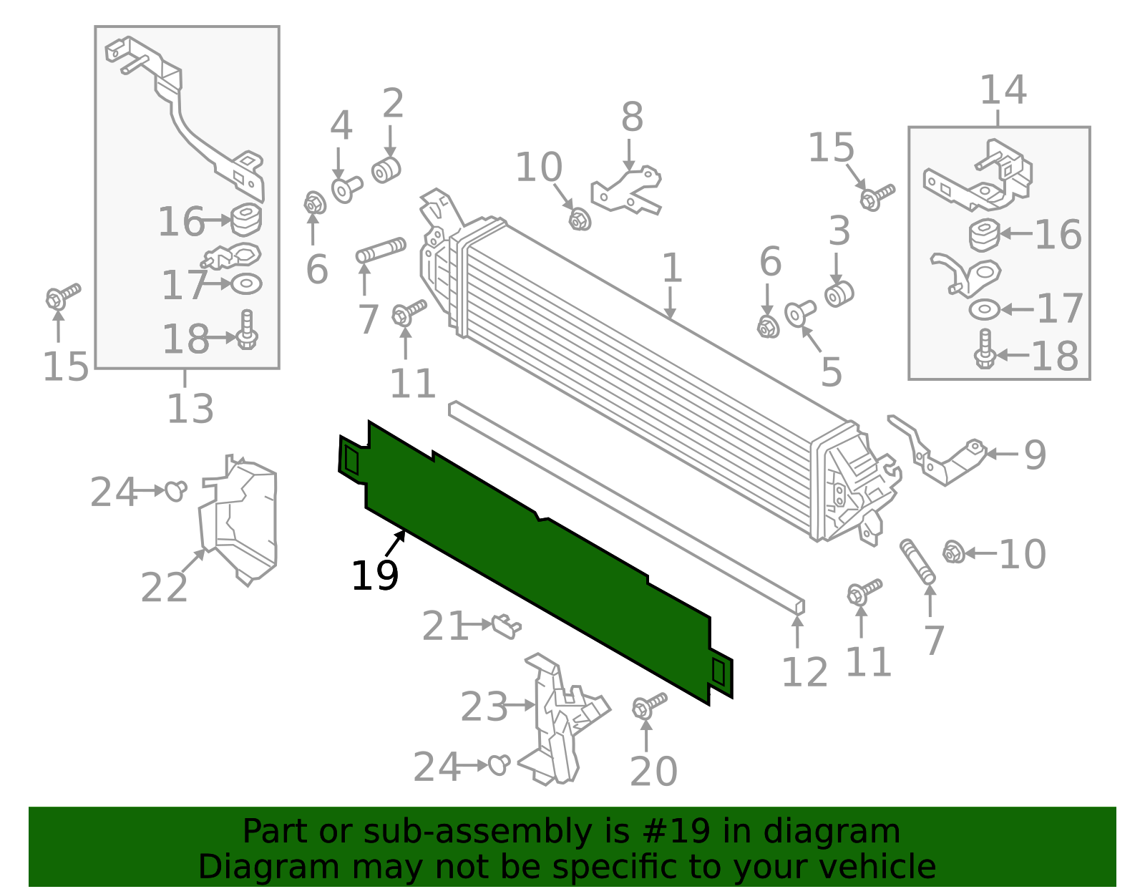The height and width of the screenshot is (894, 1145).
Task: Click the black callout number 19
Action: (x=374, y=575)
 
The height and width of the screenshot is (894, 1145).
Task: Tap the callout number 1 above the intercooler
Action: (x=671, y=268)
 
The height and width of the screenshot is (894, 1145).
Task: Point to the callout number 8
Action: (x=632, y=117)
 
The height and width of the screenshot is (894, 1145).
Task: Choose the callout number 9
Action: (x=1035, y=455)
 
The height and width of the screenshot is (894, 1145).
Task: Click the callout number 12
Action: (x=804, y=672)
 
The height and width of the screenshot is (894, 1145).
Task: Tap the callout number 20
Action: (x=653, y=772)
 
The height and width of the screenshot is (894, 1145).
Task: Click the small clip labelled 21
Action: (x=507, y=626)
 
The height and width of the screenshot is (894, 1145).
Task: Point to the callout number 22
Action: (x=164, y=588)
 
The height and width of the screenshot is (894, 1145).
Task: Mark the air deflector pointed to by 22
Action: (x=240, y=519)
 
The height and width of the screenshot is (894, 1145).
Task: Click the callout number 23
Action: (x=484, y=707)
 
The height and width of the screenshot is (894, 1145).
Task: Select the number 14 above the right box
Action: (x=1003, y=91)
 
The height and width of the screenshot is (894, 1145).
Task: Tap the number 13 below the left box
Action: (x=190, y=409)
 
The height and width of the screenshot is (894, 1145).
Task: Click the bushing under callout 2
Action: (x=386, y=170)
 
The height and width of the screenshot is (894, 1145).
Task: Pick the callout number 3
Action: (x=839, y=231)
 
